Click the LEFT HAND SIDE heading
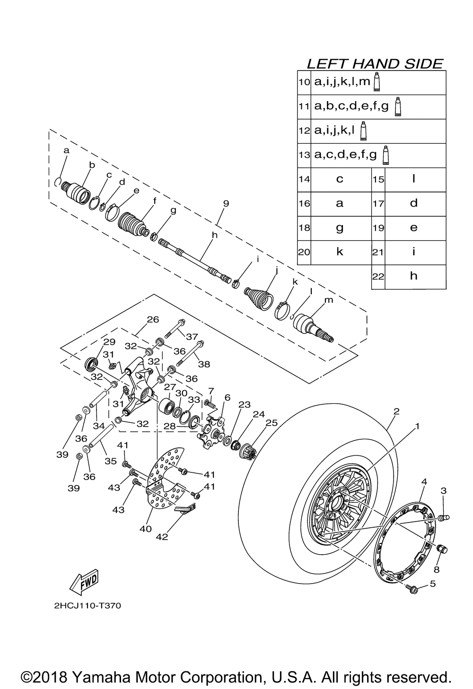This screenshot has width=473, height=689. click(375, 64)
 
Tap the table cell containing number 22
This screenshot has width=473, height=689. click(378, 277)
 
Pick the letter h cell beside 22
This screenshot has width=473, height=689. click(414, 276)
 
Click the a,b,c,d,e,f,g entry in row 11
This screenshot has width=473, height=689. click(351, 107)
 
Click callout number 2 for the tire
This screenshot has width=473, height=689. click(396, 411)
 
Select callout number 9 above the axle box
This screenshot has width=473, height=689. click(226, 203)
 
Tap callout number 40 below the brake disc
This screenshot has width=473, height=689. click(146, 529)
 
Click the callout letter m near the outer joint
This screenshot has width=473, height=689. click(328, 300)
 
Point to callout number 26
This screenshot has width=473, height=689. click(152, 320)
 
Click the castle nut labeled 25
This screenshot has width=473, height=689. click(248, 450)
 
